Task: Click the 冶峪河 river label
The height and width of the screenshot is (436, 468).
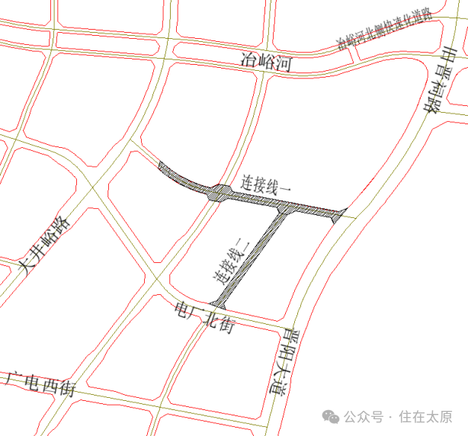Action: click(x=266, y=62)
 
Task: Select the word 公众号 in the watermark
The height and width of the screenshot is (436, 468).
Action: click(x=362, y=417)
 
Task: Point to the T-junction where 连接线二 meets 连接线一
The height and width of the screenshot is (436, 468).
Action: click(x=283, y=208)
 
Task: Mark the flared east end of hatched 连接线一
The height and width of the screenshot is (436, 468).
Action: click(x=340, y=214)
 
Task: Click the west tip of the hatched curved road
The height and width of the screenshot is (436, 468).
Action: click(x=159, y=164)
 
